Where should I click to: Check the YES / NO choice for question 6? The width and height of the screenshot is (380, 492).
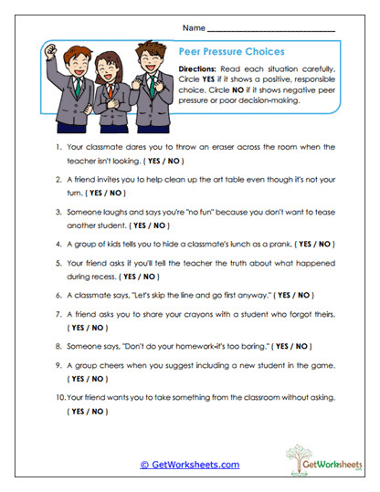click(293, 295)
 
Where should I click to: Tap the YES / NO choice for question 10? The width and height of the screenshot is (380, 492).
click(87, 412)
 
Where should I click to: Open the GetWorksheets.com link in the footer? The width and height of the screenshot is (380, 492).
click(189, 465)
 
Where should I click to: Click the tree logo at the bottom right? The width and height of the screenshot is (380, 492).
click(301, 454)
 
